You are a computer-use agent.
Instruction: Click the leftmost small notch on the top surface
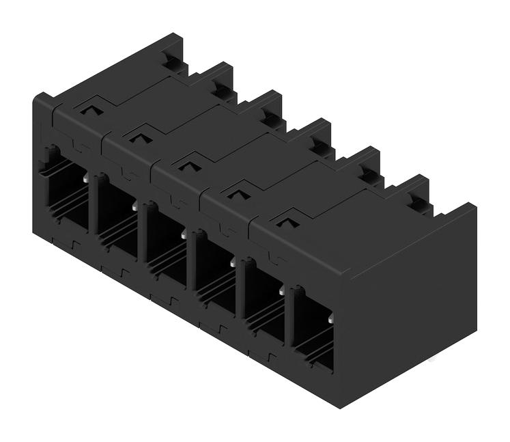89,108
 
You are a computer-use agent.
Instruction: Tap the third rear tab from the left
270,109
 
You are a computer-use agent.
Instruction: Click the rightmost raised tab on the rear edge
416,194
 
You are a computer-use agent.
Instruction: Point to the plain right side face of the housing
410,307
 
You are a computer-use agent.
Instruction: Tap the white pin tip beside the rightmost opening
330,319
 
